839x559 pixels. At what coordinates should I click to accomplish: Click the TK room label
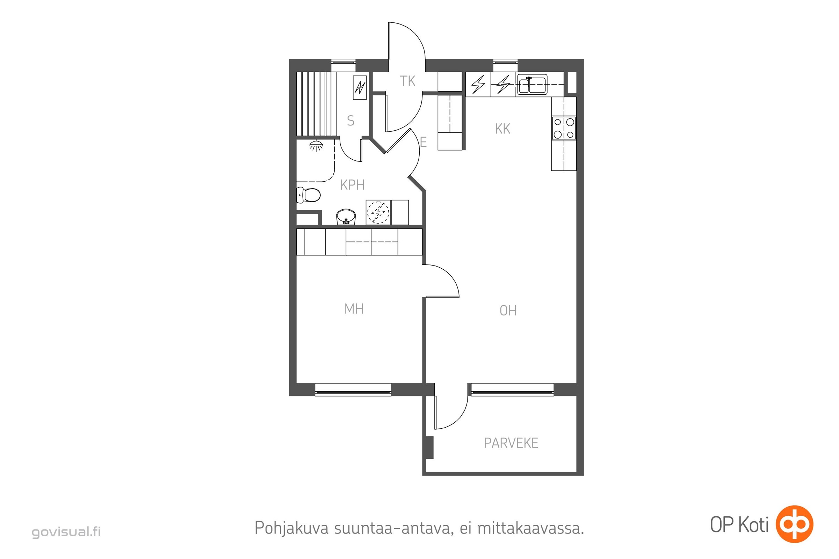point(407,81)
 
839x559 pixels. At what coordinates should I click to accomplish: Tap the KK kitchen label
point(502,129)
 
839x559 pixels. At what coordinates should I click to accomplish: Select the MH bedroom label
point(354,309)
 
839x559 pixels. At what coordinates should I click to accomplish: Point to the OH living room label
point(508,311)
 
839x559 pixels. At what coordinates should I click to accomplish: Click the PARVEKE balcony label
point(511,443)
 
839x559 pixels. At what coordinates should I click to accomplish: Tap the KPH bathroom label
point(352,185)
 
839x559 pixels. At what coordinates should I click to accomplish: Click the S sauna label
point(350,121)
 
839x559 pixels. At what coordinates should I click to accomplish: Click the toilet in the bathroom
point(309,195)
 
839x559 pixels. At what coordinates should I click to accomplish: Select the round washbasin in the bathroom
point(346,217)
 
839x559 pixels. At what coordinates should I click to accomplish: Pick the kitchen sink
point(532,85)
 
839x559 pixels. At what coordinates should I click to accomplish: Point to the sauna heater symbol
point(360,87)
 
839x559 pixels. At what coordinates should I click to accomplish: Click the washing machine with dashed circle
point(378,212)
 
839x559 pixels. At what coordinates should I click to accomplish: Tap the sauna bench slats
point(317,104)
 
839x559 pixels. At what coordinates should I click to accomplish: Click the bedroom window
point(353,390)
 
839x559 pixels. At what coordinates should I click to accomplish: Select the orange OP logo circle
point(795,524)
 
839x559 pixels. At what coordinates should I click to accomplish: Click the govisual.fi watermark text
point(66,532)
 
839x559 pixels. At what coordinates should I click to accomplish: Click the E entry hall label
point(423,142)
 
